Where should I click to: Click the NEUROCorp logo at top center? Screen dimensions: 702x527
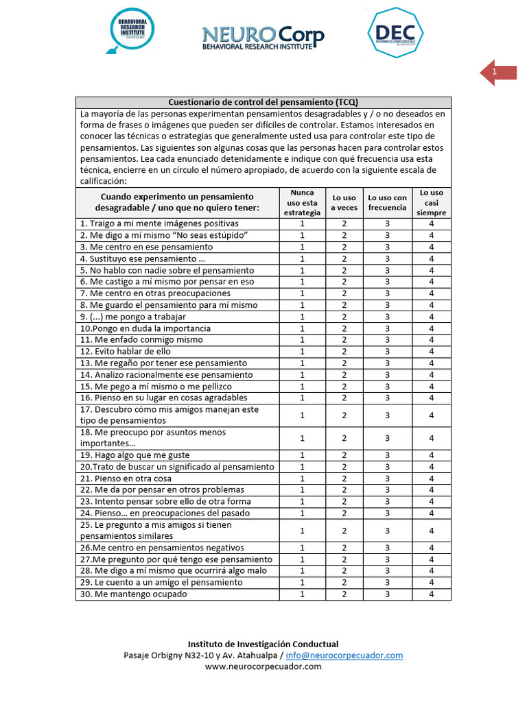[x=263, y=38]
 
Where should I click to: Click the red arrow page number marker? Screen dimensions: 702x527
[x=497, y=73]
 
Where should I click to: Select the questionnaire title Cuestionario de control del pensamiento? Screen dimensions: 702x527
[x=263, y=101]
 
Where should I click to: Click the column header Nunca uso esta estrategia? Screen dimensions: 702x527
[x=302, y=203]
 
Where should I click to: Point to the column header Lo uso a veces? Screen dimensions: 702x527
[x=344, y=203]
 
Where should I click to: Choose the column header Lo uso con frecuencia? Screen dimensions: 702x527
[x=387, y=203]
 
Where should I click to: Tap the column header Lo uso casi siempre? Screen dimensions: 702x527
[x=431, y=203]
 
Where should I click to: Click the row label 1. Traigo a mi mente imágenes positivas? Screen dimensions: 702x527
[x=159, y=223]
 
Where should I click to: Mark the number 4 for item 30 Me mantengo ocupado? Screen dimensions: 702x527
[x=431, y=594]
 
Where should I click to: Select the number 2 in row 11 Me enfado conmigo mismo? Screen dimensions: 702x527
[x=344, y=339]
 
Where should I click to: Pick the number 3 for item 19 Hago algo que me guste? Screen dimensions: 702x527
[x=387, y=455]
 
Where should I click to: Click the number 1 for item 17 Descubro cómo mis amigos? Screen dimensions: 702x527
[x=302, y=415]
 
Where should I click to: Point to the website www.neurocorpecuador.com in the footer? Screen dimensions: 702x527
[x=263, y=666]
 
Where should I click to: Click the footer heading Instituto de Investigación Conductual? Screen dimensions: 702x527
[x=263, y=644]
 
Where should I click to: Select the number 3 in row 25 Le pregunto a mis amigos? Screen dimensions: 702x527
[x=387, y=531]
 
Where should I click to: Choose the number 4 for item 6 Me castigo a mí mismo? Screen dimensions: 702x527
[x=431, y=282]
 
